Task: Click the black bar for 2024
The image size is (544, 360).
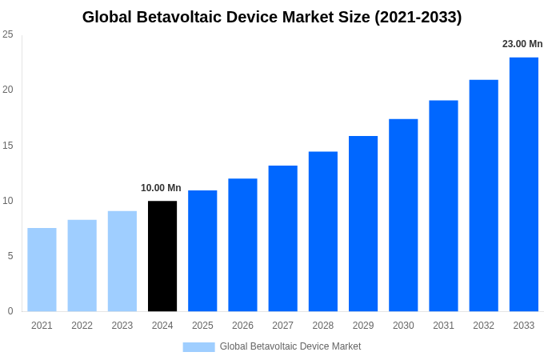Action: coord(162,256)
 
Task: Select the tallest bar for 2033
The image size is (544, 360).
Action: coord(524,184)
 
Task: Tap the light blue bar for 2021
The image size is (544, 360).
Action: coord(42,270)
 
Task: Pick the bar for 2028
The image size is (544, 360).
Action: coord(323,231)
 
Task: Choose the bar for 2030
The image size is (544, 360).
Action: coord(403,215)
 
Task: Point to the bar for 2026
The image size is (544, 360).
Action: coord(242,245)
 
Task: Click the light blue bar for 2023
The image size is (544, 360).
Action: coord(122,261)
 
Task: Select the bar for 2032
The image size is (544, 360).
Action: coord(483,195)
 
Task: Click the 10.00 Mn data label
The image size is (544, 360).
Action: coord(161,188)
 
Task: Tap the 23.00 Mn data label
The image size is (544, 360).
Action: coord(522,44)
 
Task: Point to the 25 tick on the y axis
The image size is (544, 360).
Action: coord(8,34)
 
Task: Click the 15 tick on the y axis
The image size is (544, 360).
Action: coord(8,146)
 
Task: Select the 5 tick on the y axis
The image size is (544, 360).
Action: coord(10,256)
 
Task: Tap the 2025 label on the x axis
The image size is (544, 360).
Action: coord(202,326)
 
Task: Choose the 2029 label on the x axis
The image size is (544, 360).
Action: coord(363,326)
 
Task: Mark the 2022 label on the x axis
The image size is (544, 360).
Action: coord(82,326)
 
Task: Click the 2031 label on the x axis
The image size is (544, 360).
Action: coord(443,326)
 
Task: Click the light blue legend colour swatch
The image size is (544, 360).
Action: coord(198,346)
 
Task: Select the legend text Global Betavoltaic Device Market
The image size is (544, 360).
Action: coord(290,346)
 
